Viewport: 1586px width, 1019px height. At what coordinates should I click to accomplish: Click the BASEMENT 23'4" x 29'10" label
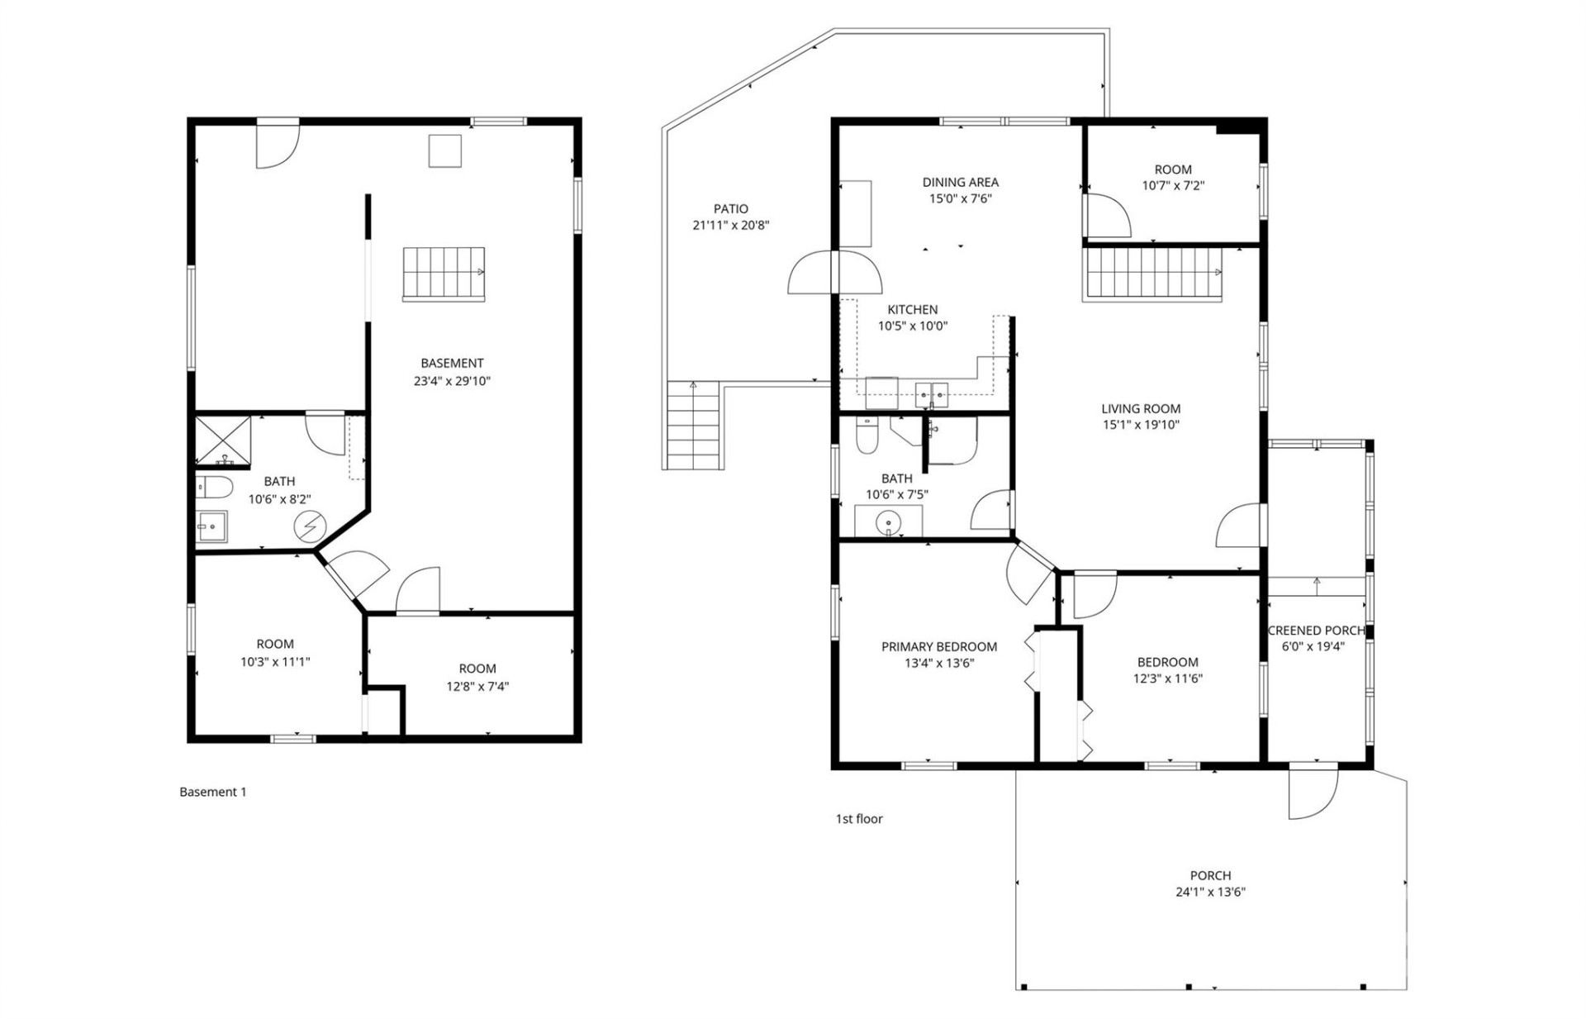click(x=452, y=372)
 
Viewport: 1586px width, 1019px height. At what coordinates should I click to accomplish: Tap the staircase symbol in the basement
click(x=444, y=273)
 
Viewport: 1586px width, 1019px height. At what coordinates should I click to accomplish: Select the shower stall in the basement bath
click(x=222, y=440)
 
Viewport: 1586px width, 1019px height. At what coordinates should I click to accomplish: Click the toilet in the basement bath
click(x=214, y=487)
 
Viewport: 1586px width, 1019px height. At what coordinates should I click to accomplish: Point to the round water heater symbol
click(x=311, y=526)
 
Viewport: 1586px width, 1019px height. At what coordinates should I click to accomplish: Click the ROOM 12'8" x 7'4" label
click(x=477, y=677)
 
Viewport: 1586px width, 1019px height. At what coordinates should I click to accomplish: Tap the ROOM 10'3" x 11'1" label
click(x=275, y=652)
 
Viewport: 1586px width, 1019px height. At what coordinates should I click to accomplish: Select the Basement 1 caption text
click(x=213, y=792)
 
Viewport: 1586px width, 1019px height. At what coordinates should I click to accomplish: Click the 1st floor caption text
click(x=859, y=818)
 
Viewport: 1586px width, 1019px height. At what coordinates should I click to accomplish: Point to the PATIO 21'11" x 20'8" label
click(x=730, y=217)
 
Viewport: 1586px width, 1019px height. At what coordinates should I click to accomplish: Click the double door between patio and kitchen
click(x=835, y=272)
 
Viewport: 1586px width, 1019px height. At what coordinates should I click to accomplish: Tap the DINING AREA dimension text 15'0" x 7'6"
click(x=960, y=198)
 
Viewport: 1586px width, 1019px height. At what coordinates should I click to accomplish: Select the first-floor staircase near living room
click(x=1152, y=274)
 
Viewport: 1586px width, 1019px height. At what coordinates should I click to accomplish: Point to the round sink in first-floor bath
click(x=888, y=522)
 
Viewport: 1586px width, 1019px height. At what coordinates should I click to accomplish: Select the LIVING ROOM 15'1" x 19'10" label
click(x=1141, y=417)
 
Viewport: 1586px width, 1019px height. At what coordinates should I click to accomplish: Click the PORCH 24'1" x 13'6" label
click(x=1210, y=883)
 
